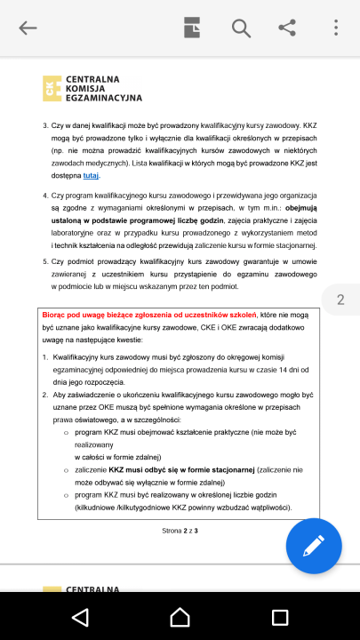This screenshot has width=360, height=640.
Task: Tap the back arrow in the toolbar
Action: (x=28, y=28)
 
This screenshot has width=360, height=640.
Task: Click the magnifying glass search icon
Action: (x=241, y=28)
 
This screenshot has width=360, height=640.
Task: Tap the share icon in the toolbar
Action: (x=287, y=28)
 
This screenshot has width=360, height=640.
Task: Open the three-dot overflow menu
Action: (x=336, y=28)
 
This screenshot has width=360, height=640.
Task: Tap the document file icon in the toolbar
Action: (x=193, y=28)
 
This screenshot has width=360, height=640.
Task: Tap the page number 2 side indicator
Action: (x=340, y=300)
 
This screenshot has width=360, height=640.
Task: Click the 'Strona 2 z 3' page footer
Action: (x=180, y=531)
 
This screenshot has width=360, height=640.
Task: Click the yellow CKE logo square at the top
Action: (x=52, y=87)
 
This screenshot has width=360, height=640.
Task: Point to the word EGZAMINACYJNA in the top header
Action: (x=104, y=97)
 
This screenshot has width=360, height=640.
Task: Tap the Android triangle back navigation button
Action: (x=80, y=616)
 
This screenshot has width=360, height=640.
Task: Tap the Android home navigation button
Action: (x=180, y=616)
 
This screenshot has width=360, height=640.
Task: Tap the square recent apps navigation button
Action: (x=280, y=616)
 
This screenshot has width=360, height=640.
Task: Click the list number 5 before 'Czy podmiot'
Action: (x=45, y=262)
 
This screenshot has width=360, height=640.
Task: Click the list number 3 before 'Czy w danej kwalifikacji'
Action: (x=45, y=126)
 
